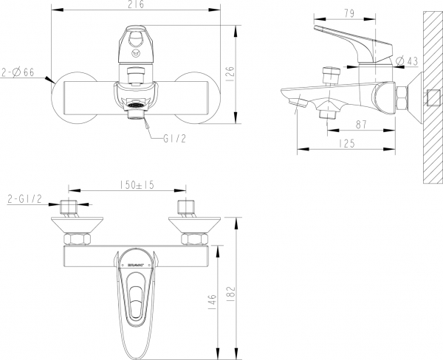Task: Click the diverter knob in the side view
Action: pyautogui.click(x=329, y=75)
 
